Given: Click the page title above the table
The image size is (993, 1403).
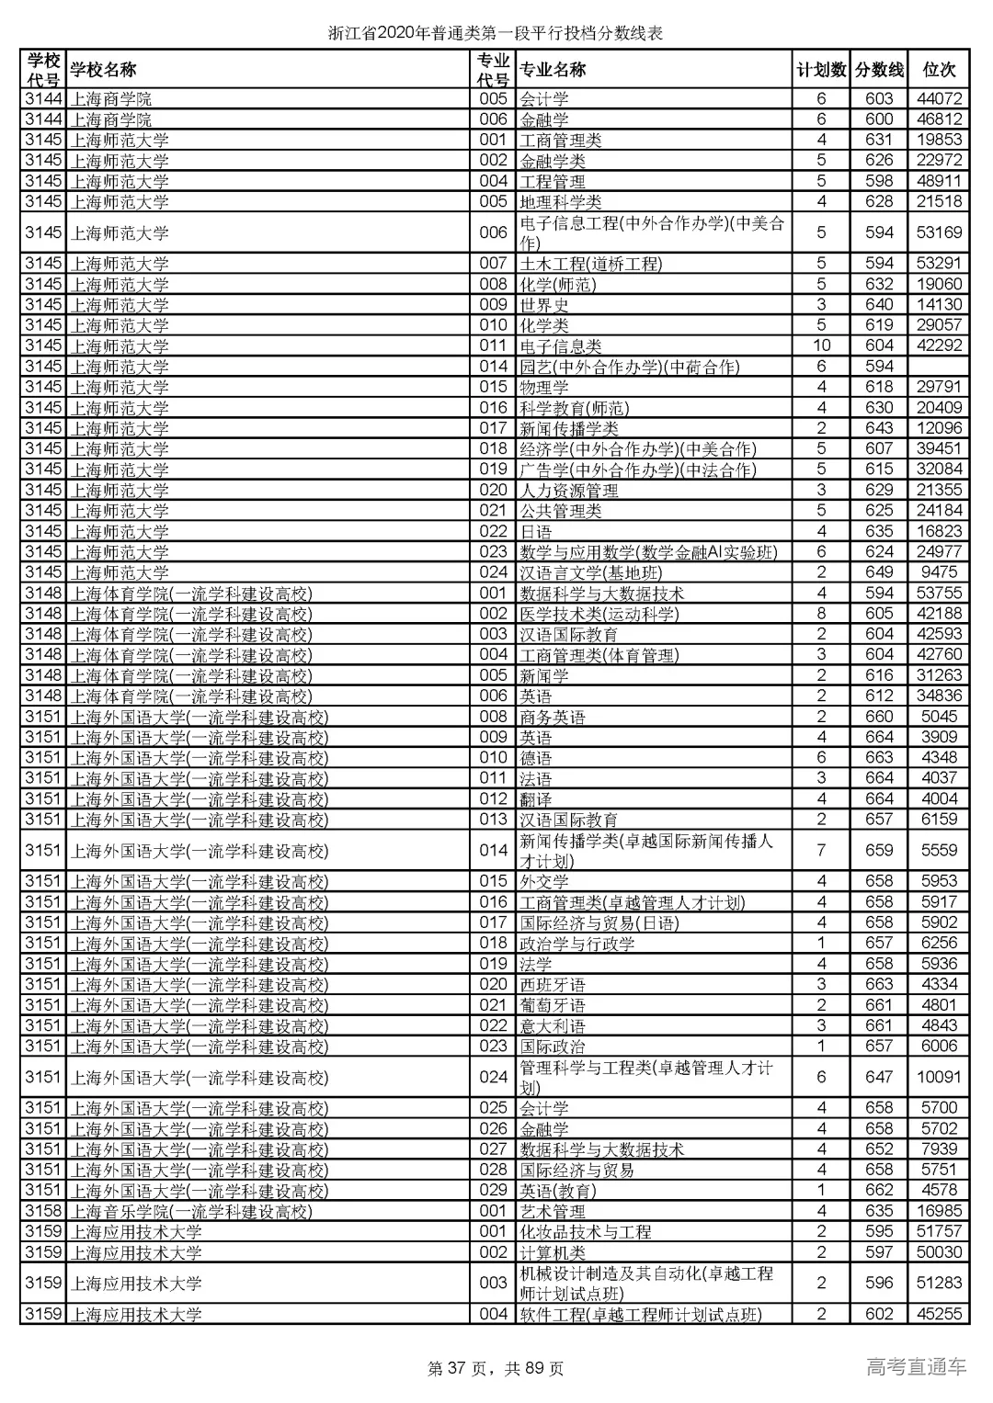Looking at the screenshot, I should pyautogui.click(x=496, y=34).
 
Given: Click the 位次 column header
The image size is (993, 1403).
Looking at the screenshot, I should pyautogui.click(x=939, y=70).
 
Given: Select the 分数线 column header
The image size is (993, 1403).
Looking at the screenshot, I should pyautogui.click(x=879, y=70).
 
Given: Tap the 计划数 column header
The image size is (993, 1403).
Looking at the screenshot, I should pyautogui.click(x=821, y=70).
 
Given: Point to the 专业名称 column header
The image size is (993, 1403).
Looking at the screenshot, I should pyautogui.click(x=553, y=70).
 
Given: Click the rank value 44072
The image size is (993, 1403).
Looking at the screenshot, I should pyautogui.click(x=939, y=98).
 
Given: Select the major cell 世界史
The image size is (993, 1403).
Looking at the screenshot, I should pyautogui.click(x=544, y=305).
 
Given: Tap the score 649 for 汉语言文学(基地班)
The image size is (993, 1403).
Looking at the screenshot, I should pyautogui.click(x=879, y=572).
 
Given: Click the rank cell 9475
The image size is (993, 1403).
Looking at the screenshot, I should pyautogui.click(x=939, y=572).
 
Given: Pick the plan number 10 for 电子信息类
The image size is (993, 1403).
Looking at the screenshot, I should pyautogui.click(x=821, y=345).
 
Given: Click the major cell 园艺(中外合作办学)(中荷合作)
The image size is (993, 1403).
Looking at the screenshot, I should pyautogui.click(x=629, y=367).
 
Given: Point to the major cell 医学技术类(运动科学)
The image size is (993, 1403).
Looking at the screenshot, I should pyautogui.click(x=599, y=614).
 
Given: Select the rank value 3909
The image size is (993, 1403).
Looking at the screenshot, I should pyautogui.click(x=939, y=737).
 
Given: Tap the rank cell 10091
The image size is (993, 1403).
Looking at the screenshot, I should pyautogui.click(x=939, y=1077).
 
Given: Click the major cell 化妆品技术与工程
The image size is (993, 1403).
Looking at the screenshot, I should pyautogui.click(x=585, y=1232).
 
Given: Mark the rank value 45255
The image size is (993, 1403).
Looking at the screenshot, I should pyautogui.click(x=939, y=1314).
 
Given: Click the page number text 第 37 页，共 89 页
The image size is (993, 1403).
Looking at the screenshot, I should pyautogui.click(x=496, y=1369).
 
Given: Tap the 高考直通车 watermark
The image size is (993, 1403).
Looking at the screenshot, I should pyautogui.click(x=916, y=1367).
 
